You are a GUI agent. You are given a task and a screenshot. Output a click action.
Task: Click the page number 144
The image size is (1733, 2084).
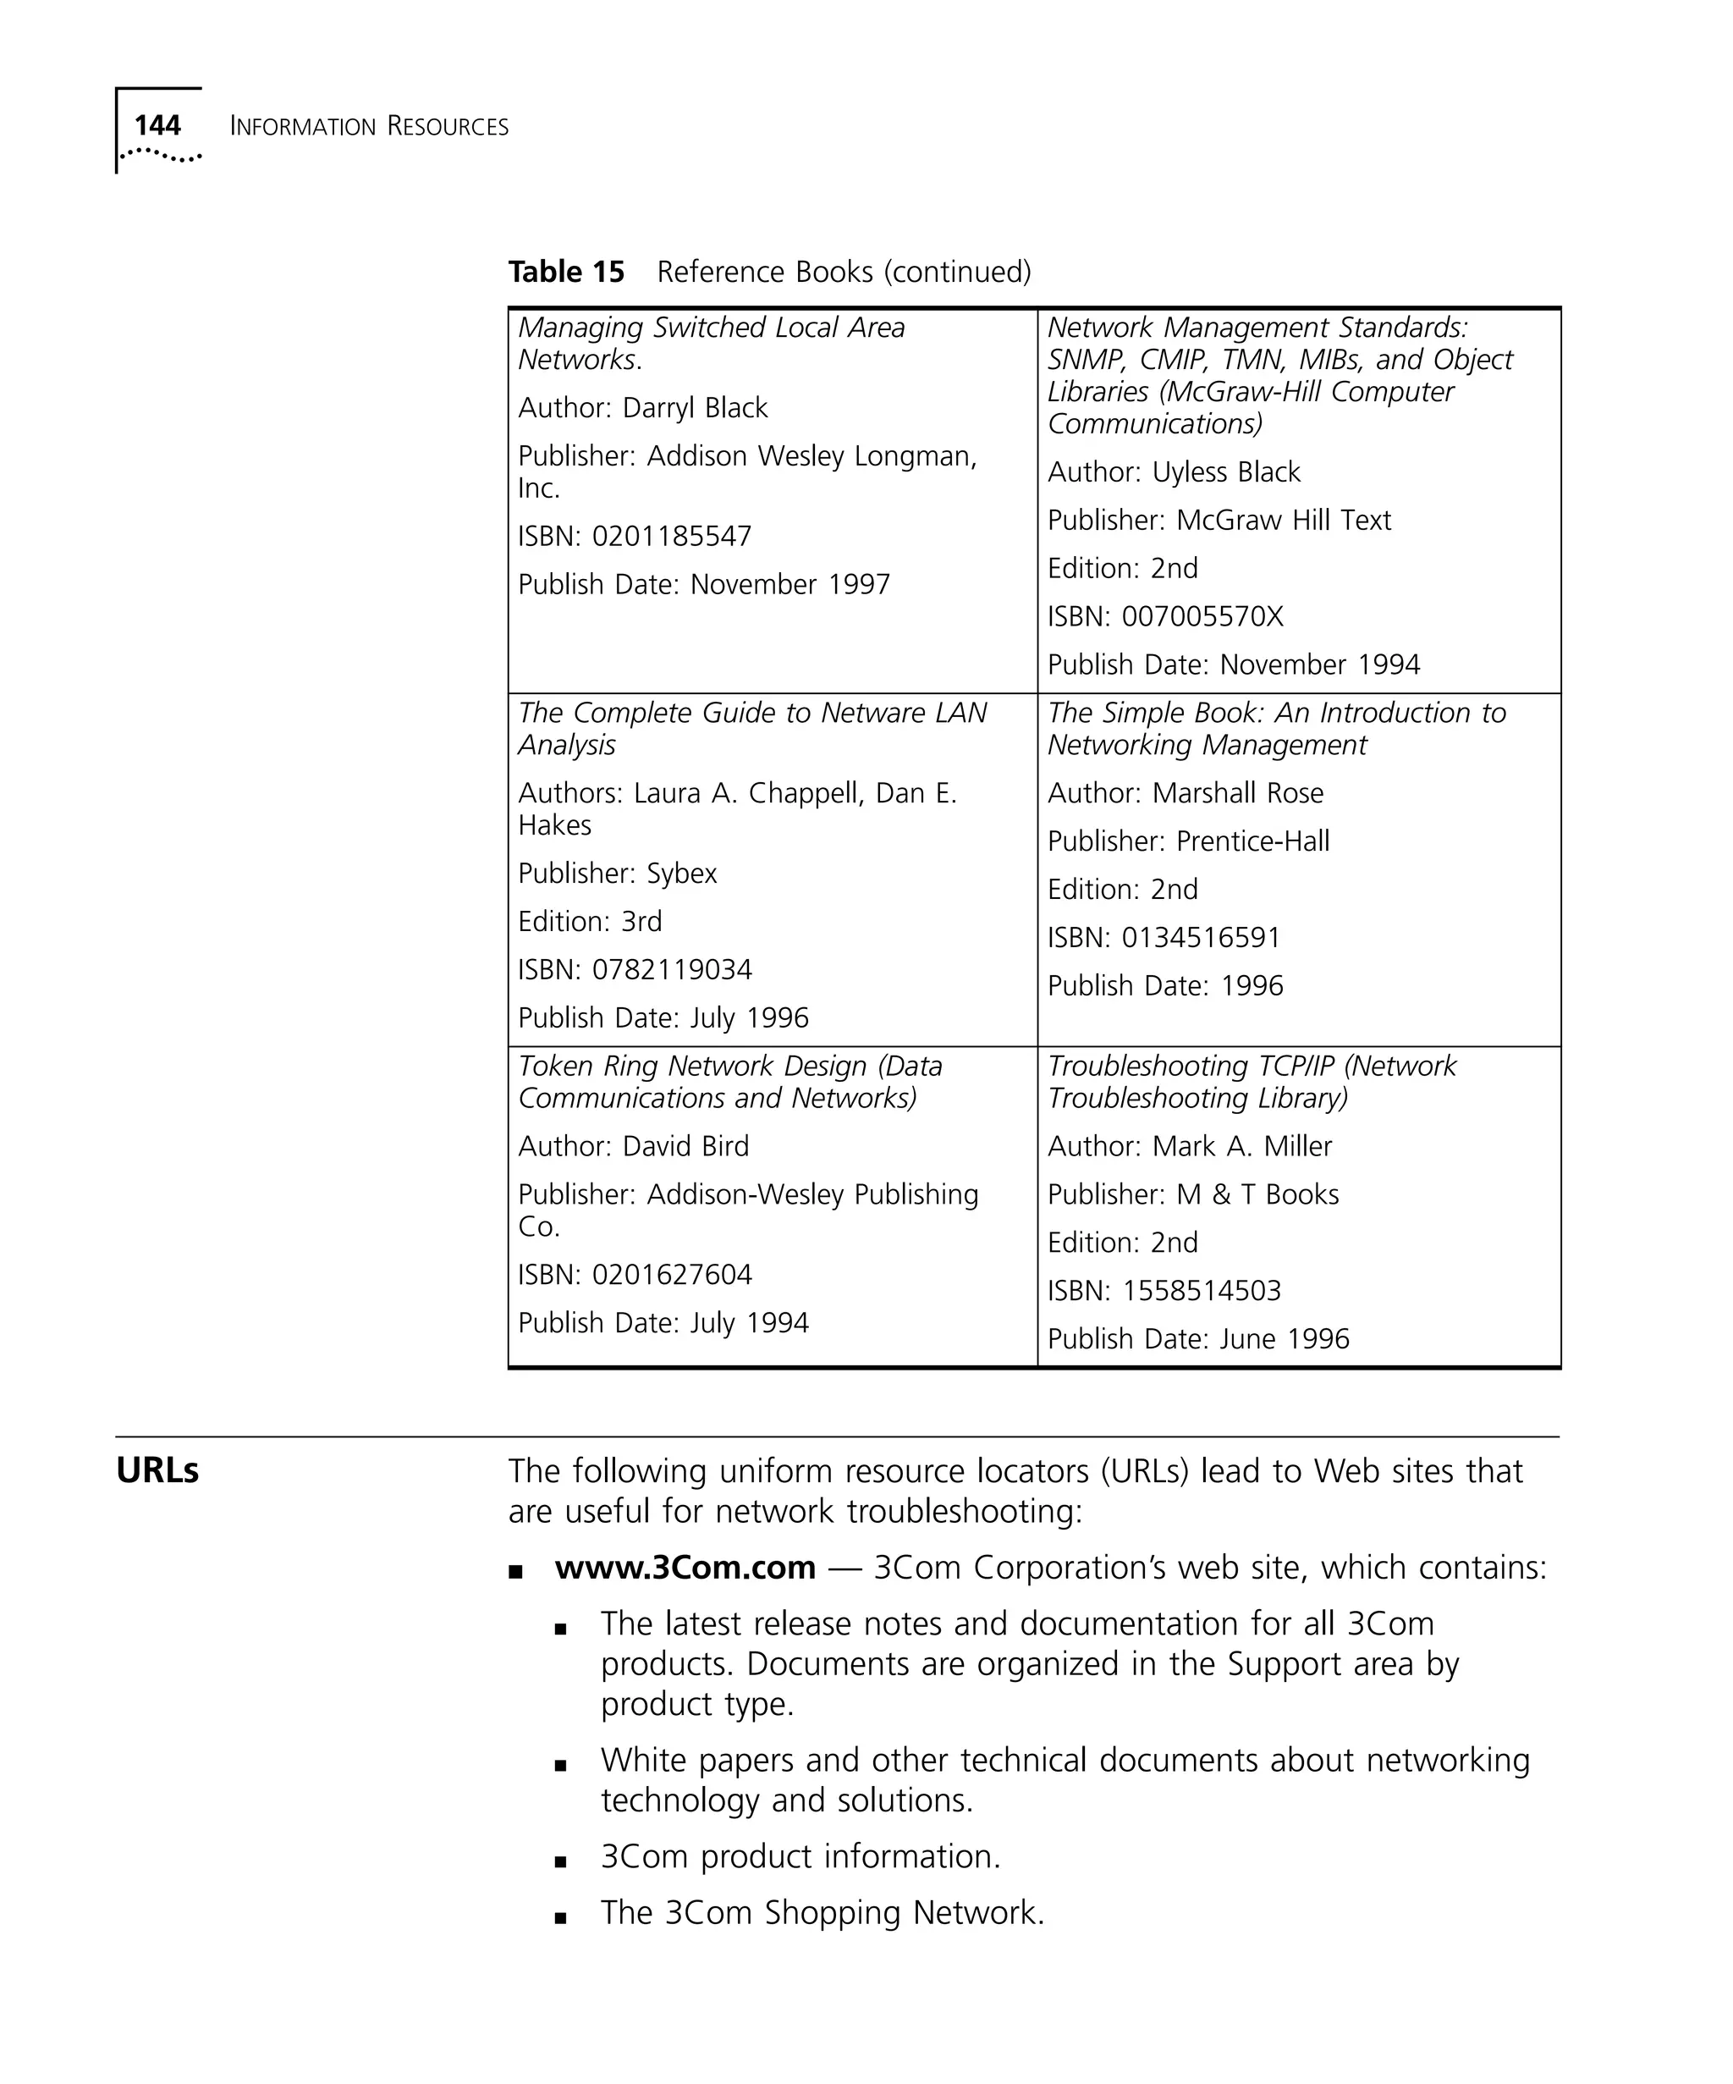pyautogui.click(x=157, y=125)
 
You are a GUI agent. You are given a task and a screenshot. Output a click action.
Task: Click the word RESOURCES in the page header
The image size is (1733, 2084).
pyautogui.click(x=448, y=127)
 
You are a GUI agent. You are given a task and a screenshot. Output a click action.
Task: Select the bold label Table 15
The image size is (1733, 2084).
pyautogui.click(x=565, y=271)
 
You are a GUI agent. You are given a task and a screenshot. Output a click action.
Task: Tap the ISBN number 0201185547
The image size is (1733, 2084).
pyautogui.click(x=672, y=536)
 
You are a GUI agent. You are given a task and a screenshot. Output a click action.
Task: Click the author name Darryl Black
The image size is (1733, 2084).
pyautogui.click(x=695, y=408)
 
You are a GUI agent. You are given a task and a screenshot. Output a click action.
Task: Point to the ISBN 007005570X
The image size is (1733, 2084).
pyautogui.click(x=1202, y=616)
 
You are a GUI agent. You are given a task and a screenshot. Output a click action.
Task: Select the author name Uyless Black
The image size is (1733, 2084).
pyautogui.click(x=1225, y=472)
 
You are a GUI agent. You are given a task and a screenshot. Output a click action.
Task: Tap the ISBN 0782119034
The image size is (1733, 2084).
pyautogui.click(x=672, y=969)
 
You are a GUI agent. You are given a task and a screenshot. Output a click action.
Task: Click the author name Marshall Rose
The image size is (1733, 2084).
pyautogui.click(x=1237, y=793)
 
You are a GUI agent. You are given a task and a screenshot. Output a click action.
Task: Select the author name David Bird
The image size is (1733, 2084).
pyautogui.click(x=685, y=1146)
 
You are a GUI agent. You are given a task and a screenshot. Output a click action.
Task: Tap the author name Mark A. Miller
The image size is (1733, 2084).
pyautogui.click(x=1241, y=1146)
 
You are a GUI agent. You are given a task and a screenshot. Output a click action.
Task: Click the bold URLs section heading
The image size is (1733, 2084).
pyautogui.click(x=157, y=1470)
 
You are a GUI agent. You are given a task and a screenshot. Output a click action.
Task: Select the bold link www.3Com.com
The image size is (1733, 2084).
pyautogui.click(x=685, y=1567)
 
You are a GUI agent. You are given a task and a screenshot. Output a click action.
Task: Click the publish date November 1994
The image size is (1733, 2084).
pyautogui.click(x=1319, y=664)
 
